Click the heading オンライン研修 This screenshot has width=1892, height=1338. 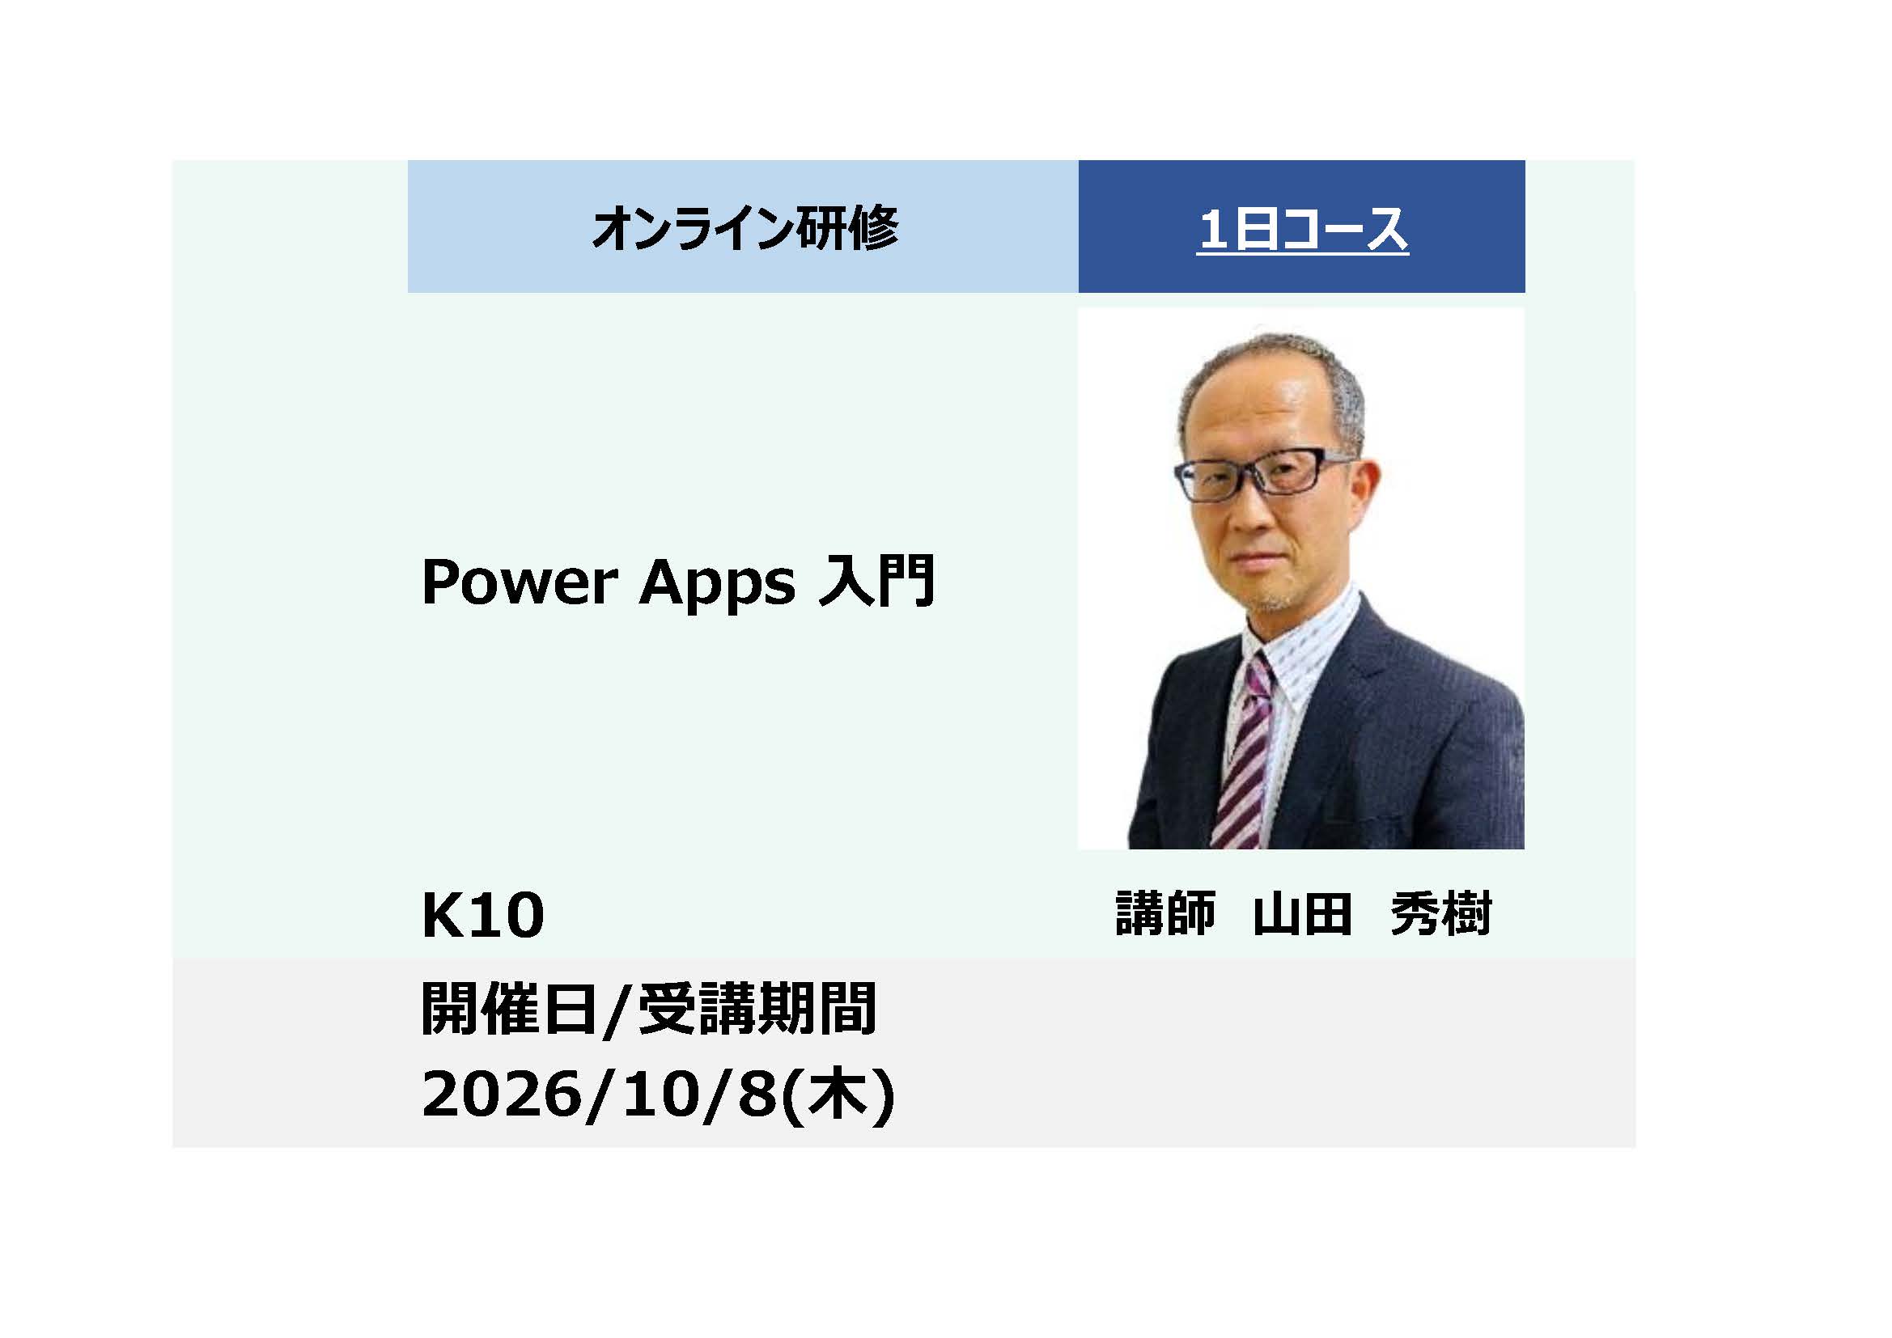click(744, 228)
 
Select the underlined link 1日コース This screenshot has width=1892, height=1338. click(1301, 230)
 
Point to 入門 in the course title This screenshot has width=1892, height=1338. click(876, 581)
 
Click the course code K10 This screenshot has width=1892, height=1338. click(483, 916)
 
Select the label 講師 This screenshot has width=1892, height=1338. click(1165, 913)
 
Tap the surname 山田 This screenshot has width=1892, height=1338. click(1302, 913)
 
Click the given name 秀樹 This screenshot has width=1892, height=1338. click(1440, 913)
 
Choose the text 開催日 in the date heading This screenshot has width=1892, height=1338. click(508, 1009)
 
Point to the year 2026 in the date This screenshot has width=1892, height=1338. click(501, 1095)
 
